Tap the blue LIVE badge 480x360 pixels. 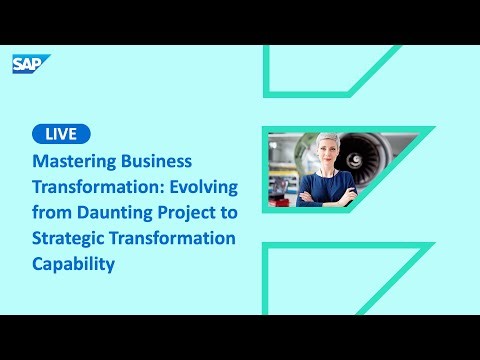tap(61, 134)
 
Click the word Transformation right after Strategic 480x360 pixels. tap(175, 238)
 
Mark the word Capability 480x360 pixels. tap(74, 264)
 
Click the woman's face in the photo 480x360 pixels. tap(332, 156)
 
